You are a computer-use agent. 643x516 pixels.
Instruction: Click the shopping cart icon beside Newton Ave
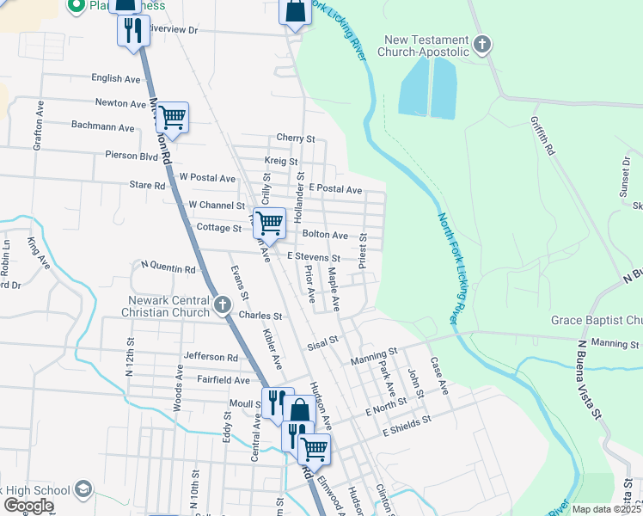point(172,117)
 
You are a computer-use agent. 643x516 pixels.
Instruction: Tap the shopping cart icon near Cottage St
point(270,223)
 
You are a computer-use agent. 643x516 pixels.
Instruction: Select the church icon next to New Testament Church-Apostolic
point(482,44)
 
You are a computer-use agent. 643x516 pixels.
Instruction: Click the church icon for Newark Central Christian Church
point(223,304)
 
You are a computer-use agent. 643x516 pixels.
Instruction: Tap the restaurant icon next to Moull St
point(277,401)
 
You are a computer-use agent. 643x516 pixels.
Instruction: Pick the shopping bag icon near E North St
point(299,410)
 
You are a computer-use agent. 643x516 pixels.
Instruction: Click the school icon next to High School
point(83,490)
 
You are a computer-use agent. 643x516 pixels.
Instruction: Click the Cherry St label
point(296,138)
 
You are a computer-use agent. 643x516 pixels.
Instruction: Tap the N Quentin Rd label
point(168,268)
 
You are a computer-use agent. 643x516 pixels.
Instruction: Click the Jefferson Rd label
point(210,357)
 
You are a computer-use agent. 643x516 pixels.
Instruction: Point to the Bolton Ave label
point(324,235)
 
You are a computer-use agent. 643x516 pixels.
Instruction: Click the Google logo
point(28,505)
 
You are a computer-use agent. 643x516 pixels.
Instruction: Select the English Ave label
point(116,78)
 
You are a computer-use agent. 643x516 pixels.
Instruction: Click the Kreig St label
point(281,162)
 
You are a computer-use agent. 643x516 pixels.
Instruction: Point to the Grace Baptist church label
point(596,321)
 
